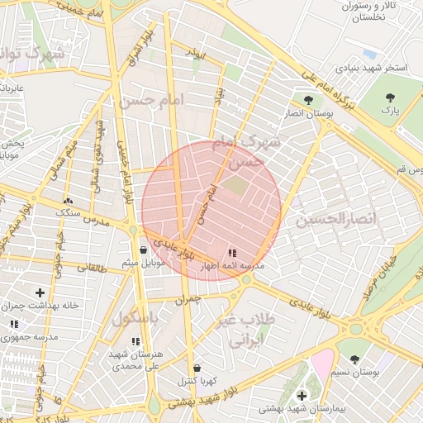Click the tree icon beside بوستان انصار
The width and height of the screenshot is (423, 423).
point(308,101)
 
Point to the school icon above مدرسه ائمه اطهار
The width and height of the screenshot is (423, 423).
point(231,252)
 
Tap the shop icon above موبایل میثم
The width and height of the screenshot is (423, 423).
point(144,249)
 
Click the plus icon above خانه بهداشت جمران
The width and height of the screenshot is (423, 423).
point(40,292)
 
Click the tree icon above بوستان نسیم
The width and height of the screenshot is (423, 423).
point(354,359)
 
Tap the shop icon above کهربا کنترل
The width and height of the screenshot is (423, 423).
point(197,368)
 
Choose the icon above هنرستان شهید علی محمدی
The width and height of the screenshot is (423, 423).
point(135,340)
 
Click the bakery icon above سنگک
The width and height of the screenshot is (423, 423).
point(68,200)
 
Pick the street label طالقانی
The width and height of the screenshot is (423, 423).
point(92,267)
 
